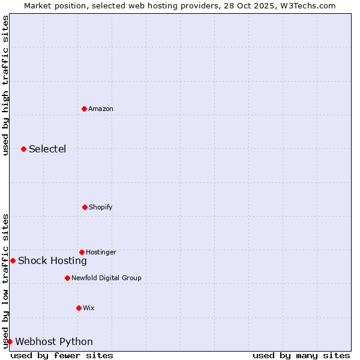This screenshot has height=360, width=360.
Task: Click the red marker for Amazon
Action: click(84, 109)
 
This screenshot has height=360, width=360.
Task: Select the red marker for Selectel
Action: click(23, 149)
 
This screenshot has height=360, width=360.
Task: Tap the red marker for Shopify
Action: click(85, 207)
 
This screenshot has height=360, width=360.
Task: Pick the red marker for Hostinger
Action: click(82, 252)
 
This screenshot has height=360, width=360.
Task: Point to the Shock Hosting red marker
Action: click(13, 260)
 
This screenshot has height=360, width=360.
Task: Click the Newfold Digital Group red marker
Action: click(67, 278)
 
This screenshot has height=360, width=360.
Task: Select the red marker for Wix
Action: click(79, 308)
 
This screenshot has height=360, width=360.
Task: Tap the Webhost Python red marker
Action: click(10, 341)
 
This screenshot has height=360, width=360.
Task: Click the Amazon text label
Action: click(101, 109)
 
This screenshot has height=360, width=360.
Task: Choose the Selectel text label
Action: click(47, 149)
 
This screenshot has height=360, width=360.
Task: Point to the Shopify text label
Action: click(101, 207)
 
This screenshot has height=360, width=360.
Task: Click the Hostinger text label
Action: click(101, 252)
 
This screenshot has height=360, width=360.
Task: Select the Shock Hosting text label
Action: click(52, 260)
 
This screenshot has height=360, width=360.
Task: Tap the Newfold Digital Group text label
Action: click(106, 278)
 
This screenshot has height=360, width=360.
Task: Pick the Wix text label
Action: click(89, 308)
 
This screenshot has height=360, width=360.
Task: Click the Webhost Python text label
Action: click(54, 341)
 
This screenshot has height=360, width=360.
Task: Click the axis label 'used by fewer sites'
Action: click(62, 355)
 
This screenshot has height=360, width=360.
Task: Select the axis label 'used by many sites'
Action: click(301, 355)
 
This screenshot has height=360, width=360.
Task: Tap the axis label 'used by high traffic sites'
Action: click(5, 85)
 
